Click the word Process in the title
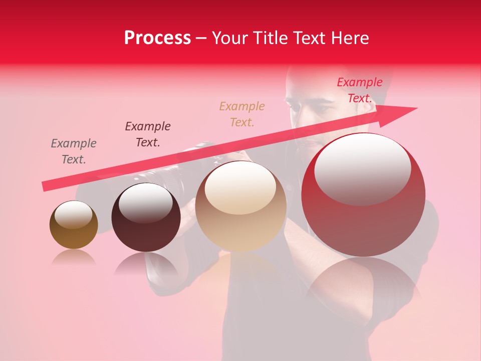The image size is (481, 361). point(157,38)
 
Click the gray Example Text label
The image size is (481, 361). point(74,151)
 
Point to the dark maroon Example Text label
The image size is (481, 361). point(148,134)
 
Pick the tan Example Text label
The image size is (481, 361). point(242,114)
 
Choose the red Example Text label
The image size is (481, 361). point(360,90)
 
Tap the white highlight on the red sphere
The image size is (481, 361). point(362,168)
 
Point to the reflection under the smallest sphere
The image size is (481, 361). point(74,258)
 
